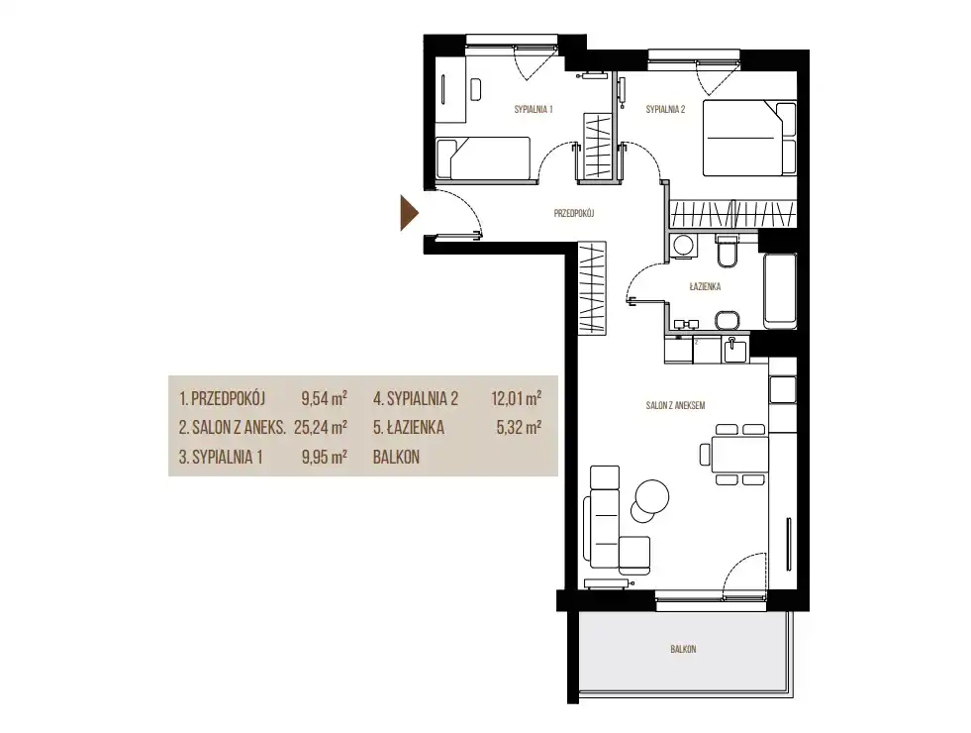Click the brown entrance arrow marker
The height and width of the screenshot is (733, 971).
[409, 213]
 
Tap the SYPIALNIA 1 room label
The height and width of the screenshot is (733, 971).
[534, 110]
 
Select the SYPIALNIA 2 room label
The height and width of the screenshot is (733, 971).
[665, 110]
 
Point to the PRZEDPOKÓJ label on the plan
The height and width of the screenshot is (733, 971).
[574, 213]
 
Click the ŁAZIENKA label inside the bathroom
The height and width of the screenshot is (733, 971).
[705, 287]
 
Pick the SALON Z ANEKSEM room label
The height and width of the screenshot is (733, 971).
[675, 406]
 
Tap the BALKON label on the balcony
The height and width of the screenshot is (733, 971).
[683, 650]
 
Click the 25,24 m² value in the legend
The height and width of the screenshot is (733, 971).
[321, 428]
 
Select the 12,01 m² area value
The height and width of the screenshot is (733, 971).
[517, 398]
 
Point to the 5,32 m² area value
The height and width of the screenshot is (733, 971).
[519, 428]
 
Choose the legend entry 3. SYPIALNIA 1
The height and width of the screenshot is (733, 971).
[221, 458]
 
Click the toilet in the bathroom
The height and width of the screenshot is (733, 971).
[727, 250]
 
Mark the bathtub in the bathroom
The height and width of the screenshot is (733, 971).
[780, 290]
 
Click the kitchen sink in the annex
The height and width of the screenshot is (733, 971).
[735, 350]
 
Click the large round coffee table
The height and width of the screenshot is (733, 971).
[652, 496]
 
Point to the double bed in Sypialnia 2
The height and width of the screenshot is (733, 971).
[749, 138]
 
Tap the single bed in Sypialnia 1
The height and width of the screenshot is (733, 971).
[483, 157]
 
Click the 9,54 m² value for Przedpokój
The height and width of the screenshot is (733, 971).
[324, 398]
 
